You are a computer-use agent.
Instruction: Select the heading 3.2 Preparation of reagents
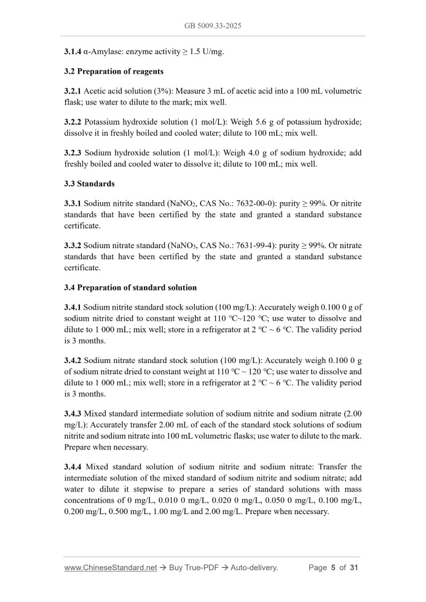[x=114, y=71]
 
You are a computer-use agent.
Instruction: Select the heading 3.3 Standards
[x=89, y=184]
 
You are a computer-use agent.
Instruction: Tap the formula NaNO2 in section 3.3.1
[x=173, y=203]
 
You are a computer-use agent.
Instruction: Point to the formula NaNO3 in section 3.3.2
[x=173, y=246]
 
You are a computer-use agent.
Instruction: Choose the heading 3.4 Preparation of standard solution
[x=130, y=287]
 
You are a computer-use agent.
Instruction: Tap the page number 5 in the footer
[x=333, y=568]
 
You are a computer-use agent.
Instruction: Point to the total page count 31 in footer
[x=353, y=568]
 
